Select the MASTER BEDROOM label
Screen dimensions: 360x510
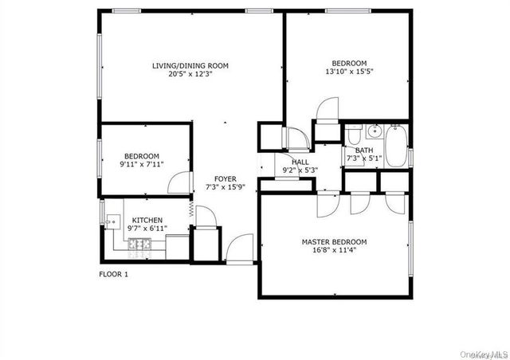pyautogui.click(x=334, y=241)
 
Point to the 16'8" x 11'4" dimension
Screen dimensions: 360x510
pyautogui.click(x=334, y=251)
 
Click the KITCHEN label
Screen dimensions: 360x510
pyautogui.click(x=147, y=220)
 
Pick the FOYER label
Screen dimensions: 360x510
pyautogui.click(x=225, y=178)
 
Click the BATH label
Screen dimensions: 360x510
pyautogui.click(x=364, y=150)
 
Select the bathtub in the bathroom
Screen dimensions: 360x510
pyautogui.click(x=395, y=145)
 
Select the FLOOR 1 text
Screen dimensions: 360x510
pyautogui.click(x=113, y=274)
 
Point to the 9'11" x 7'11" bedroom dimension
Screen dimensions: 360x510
pyautogui.click(x=140, y=165)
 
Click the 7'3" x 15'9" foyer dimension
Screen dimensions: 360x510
pyautogui.click(x=225, y=188)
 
